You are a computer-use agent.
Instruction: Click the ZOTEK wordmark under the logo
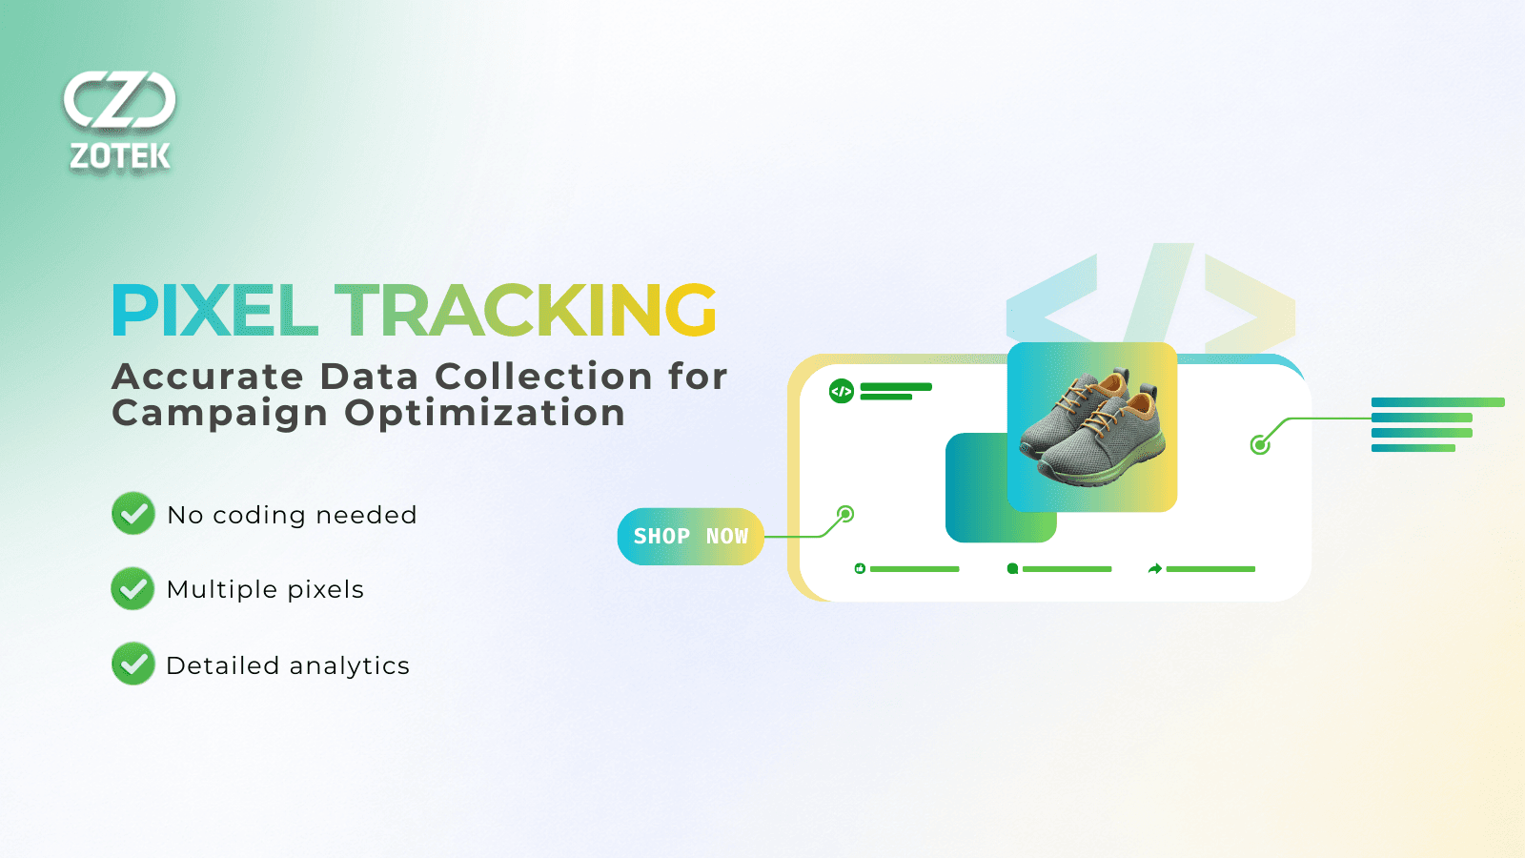(x=120, y=156)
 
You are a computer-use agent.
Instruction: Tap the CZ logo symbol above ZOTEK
(x=120, y=100)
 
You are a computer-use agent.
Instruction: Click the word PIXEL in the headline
(x=214, y=311)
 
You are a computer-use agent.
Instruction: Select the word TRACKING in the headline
(x=525, y=311)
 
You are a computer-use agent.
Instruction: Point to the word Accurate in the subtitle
(x=208, y=377)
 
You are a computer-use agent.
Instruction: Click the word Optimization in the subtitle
(x=484, y=414)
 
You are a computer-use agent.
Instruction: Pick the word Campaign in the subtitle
(x=219, y=414)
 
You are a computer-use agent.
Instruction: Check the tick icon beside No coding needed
(x=133, y=514)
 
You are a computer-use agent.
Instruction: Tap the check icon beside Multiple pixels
(x=132, y=588)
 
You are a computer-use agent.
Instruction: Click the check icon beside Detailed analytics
(x=133, y=664)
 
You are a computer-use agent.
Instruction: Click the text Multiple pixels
(x=265, y=590)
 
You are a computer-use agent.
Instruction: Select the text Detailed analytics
(x=288, y=665)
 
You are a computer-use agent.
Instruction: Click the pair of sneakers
(x=1092, y=427)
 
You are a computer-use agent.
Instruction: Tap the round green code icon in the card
(x=842, y=391)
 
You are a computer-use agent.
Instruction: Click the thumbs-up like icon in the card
(x=860, y=568)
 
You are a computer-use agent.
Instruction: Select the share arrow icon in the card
(x=1154, y=568)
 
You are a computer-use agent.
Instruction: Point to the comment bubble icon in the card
(x=1012, y=568)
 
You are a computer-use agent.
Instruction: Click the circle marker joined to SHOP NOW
(x=845, y=514)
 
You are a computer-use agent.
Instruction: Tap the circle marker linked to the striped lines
(x=1260, y=445)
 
